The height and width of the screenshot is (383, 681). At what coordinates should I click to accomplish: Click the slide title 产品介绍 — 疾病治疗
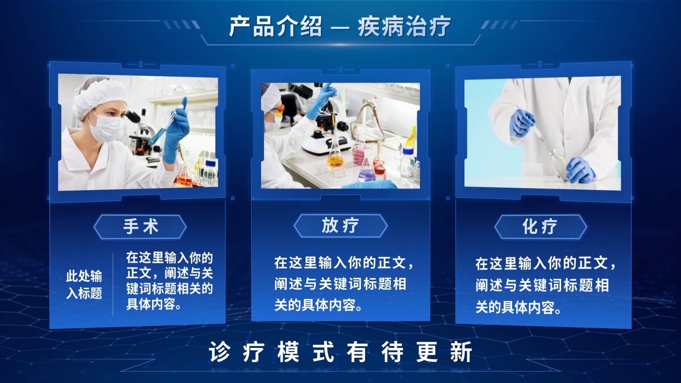pos(340,27)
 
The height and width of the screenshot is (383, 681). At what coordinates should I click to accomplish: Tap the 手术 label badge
pos(140,227)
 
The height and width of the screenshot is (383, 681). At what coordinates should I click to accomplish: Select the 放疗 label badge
pos(340,226)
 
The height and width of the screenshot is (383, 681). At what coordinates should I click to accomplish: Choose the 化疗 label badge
pos(540,227)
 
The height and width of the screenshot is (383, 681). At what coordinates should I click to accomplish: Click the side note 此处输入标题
pos(84,284)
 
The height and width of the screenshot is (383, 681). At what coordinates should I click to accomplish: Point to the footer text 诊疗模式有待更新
pos(340,352)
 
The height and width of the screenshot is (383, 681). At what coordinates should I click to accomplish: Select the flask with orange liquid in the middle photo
pos(336,157)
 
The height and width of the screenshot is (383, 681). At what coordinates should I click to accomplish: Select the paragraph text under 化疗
pos(545,285)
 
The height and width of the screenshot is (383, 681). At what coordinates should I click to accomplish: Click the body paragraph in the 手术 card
pos(169,281)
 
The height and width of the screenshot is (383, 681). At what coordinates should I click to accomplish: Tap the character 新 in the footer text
pos(461,352)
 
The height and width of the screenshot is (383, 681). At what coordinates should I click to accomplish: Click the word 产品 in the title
pos(252,26)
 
